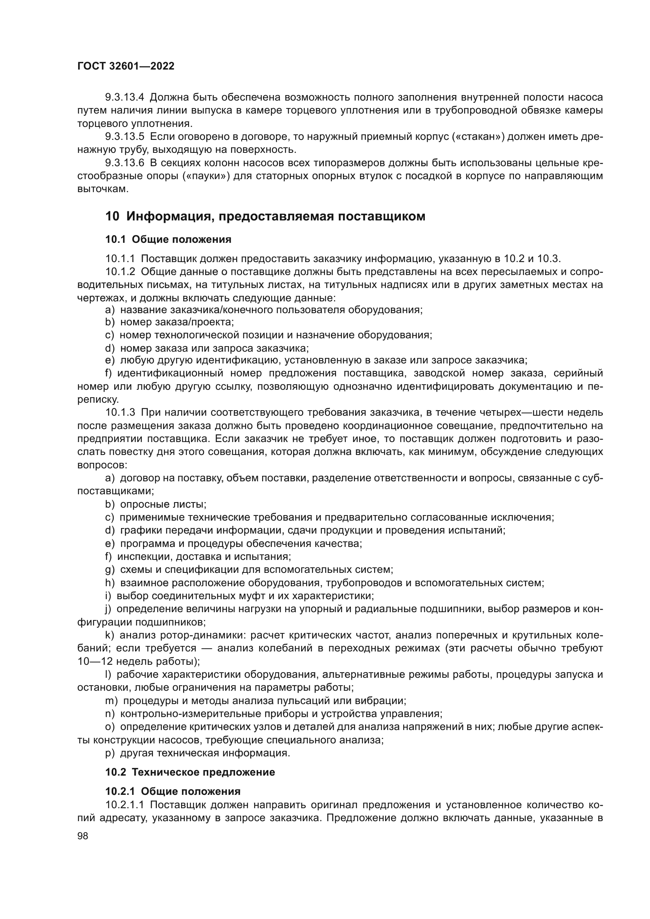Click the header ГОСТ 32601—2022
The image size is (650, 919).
[x=126, y=66]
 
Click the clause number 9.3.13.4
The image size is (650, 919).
[x=125, y=97]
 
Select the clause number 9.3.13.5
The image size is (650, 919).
[x=125, y=136]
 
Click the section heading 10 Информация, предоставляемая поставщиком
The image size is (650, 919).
[x=265, y=216]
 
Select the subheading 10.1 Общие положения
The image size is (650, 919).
[x=168, y=240]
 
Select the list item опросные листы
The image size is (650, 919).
[x=163, y=505]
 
